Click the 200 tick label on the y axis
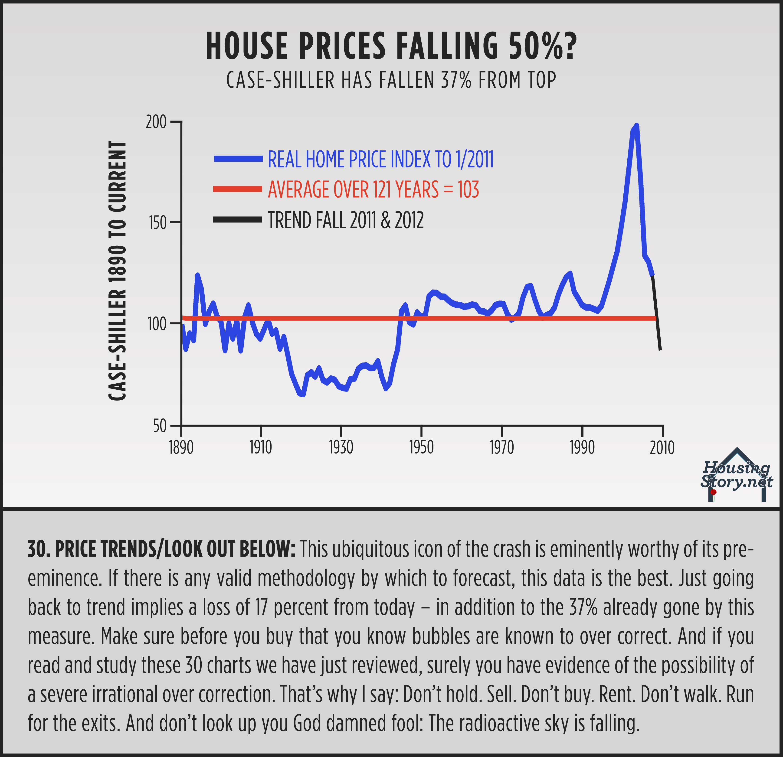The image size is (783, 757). [156, 122]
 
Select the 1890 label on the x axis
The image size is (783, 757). [181, 448]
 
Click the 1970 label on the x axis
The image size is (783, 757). [502, 448]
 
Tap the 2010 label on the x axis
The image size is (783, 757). [662, 448]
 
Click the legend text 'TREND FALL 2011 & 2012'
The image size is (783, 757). [346, 220]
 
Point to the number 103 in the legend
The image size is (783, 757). [468, 190]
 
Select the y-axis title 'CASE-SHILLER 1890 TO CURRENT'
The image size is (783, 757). [118, 271]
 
